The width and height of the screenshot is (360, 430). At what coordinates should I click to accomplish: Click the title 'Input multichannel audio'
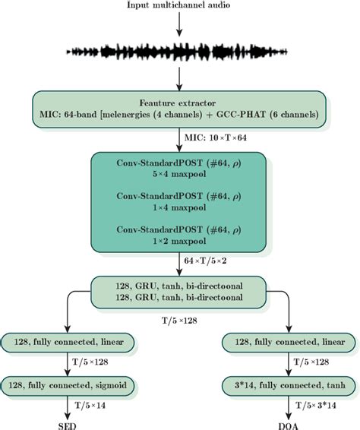(179, 7)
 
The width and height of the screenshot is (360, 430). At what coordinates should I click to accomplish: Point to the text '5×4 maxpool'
(179, 172)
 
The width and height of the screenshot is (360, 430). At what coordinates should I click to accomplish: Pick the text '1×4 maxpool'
(179, 205)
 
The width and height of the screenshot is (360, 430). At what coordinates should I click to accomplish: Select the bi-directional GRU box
(179, 289)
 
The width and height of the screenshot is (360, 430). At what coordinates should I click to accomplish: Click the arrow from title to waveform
(179, 24)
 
